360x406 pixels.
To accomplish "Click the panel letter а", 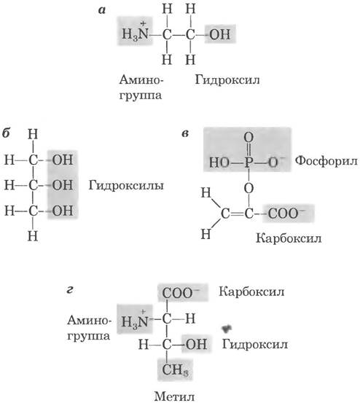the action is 102,10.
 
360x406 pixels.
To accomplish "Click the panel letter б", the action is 6,133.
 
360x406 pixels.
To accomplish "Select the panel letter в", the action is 185,134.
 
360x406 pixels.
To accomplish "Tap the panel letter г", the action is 70,290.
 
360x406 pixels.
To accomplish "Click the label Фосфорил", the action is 326,161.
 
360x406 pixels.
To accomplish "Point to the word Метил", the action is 174,397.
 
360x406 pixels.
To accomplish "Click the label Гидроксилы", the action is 126,186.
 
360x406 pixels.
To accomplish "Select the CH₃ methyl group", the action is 175,370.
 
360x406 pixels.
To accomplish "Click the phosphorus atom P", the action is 249,163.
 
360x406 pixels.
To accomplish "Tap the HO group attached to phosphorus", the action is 219,163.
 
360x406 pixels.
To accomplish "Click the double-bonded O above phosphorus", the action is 249,137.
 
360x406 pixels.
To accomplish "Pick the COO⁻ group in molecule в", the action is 286,214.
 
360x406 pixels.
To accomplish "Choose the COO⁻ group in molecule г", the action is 181,293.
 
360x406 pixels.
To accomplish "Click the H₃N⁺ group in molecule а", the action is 135,32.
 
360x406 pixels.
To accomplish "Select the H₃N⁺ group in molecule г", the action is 134,319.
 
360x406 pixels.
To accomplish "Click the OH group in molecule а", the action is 220,34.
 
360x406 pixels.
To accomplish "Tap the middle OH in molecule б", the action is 63,185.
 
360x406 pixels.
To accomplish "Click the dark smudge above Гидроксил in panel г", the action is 227,328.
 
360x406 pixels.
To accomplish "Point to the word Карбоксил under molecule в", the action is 289,238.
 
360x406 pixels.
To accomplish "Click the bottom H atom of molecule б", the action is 33,236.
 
